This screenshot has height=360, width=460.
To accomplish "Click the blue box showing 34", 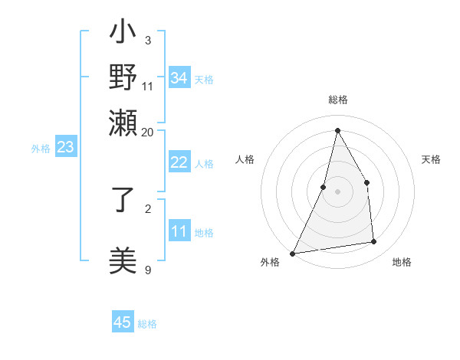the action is coord(179,78).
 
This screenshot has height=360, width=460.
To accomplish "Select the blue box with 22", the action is coord(179,162).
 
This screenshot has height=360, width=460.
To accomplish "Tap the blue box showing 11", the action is coord(179,231).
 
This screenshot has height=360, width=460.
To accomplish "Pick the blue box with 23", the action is coord(65,147).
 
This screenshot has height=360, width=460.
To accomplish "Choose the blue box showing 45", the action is coord(123,322).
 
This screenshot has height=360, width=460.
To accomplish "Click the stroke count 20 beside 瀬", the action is coord(147,131).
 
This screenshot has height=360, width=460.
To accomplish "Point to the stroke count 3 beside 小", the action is coord(148,40).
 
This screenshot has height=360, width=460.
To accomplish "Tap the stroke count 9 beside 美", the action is coord(148,269).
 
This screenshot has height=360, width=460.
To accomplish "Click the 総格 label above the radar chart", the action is coord(337,100).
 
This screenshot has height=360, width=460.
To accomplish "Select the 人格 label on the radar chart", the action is coord(245,159).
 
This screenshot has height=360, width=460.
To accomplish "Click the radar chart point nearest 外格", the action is coord(293,253).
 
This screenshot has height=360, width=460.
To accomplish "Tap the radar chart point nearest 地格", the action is coord(374,242).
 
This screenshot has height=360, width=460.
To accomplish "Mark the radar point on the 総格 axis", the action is coord(337,130).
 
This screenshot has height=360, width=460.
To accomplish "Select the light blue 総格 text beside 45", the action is coord(147,324).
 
